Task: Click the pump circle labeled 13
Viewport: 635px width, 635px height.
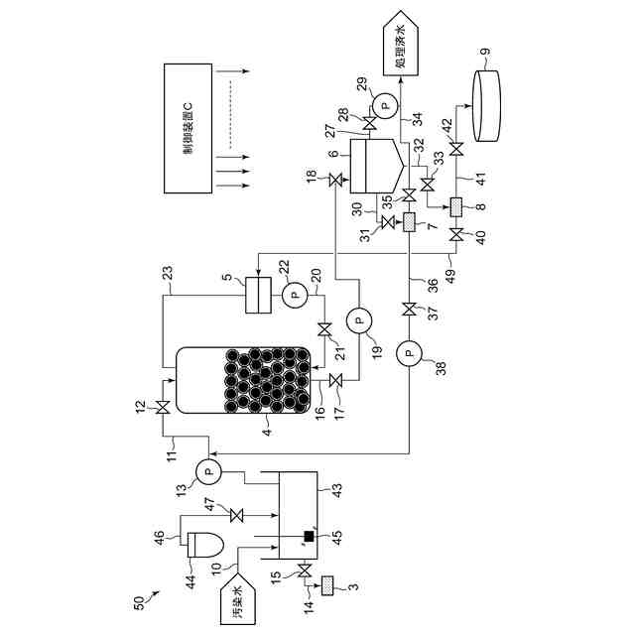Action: click(208, 471)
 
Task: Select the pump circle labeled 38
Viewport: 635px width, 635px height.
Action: click(409, 353)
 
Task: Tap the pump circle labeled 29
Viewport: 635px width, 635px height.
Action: click(385, 105)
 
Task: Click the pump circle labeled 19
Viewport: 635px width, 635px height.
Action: click(359, 319)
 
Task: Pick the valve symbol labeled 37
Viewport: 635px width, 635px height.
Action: click(409, 309)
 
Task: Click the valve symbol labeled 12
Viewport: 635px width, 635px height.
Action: click(163, 407)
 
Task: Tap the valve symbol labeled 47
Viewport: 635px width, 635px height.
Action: click(236, 516)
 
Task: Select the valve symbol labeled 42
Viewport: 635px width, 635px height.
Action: click(456, 150)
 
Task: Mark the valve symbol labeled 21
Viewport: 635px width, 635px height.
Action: click(324, 329)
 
